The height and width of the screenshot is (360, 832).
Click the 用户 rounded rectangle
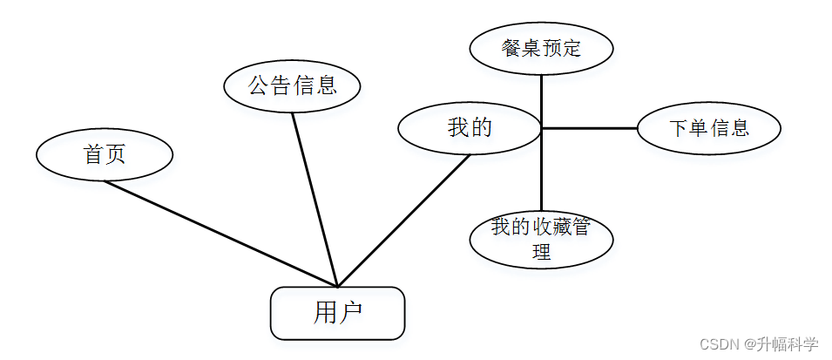tap(337, 313)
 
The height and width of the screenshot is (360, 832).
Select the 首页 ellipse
tap(105, 155)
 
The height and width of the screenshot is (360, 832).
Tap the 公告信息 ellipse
tap(292, 85)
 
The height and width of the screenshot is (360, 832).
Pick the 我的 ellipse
tap(470, 128)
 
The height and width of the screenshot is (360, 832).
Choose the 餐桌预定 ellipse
tap(541, 48)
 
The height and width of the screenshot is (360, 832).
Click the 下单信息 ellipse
tap(708, 128)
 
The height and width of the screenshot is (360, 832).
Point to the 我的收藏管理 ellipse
tap(541, 240)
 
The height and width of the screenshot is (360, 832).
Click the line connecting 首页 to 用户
tap(218, 233)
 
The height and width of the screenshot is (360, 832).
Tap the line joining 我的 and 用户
tap(403, 221)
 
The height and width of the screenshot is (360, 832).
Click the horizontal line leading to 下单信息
tap(590, 128)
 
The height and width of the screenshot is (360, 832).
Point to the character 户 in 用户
tap(350, 313)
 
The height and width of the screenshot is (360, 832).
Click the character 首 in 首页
tap(93, 155)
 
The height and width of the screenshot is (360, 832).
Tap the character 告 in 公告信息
tap(281, 85)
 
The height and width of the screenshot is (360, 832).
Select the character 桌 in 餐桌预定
tap(531, 48)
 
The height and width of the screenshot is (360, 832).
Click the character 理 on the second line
tap(541, 252)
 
